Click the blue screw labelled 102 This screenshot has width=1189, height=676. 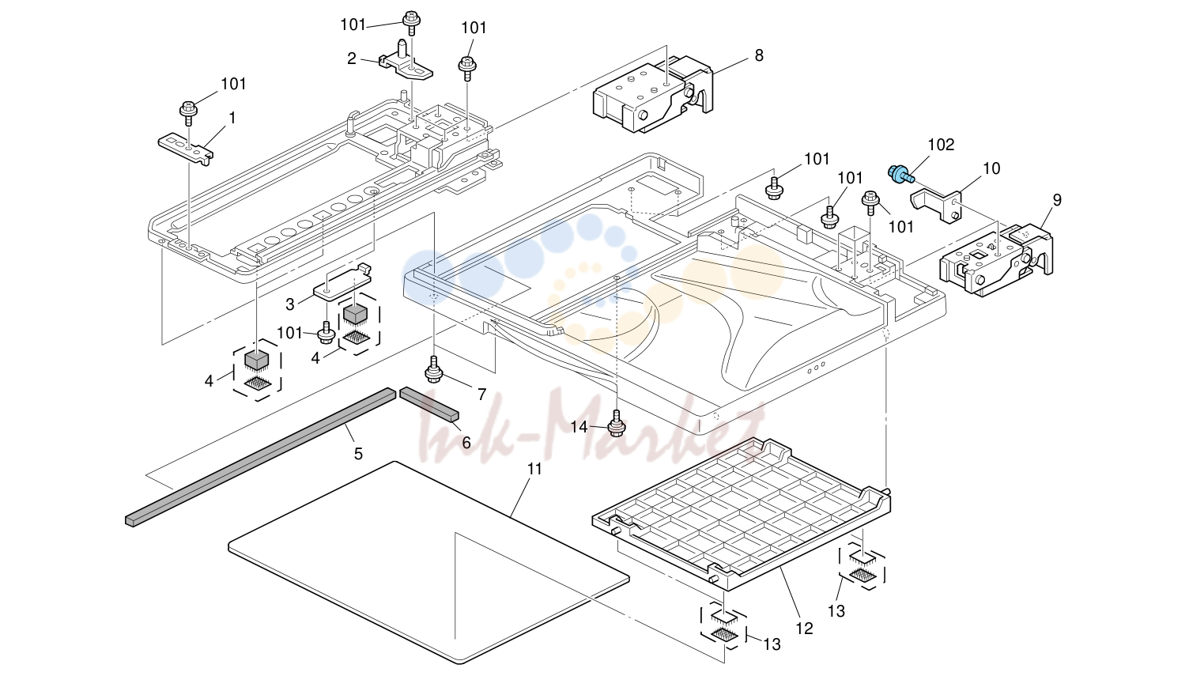click(x=900, y=174)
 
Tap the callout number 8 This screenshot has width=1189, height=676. click(x=759, y=55)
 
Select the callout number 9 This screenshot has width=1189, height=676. click(x=1057, y=200)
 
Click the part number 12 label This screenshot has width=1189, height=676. click(x=805, y=629)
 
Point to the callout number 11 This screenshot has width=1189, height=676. click(x=534, y=469)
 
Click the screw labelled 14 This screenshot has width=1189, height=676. click(x=616, y=423)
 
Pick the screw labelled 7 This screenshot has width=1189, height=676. click(x=434, y=369)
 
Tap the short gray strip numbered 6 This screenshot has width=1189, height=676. click(x=429, y=404)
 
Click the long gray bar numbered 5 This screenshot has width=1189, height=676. click(x=261, y=456)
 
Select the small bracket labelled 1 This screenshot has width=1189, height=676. click(x=186, y=149)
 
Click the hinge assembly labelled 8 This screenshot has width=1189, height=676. click(x=654, y=96)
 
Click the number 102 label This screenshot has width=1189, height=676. click(x=941, y=145)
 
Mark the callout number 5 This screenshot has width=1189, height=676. click(x=358, y=454)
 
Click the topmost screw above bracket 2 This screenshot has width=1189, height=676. click(x=411, y=22)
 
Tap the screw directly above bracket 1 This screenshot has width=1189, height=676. click(x=188, y=112)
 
